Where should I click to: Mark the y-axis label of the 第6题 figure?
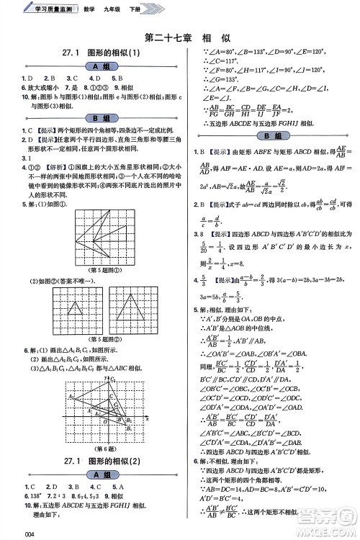[x=107, y=378]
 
